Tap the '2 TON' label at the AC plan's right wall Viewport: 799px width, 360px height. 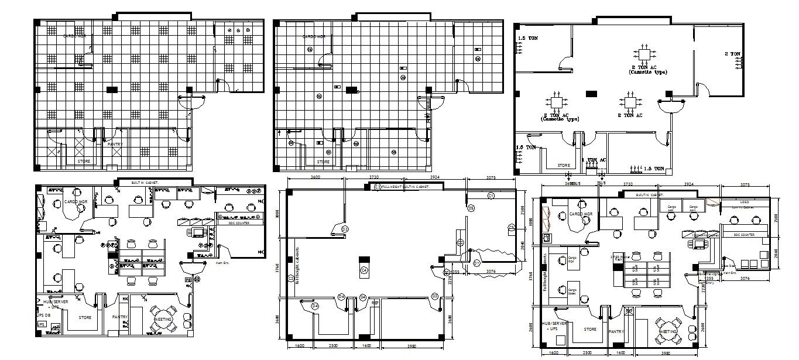point(733,54)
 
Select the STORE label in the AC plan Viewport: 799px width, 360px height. point(564,165)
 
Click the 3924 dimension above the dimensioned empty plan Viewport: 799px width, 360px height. point(435,177)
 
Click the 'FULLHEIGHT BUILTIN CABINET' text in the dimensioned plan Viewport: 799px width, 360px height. point(406,186)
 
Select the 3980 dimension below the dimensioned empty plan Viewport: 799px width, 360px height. point(411,345)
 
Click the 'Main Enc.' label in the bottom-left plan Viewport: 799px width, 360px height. point(222,263)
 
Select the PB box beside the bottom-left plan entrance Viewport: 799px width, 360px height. point(188,280)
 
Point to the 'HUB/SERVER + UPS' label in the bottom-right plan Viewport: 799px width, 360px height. point(554,326)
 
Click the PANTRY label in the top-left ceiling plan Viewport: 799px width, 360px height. point(115,143)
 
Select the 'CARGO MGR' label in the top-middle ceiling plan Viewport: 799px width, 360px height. point(313,36)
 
